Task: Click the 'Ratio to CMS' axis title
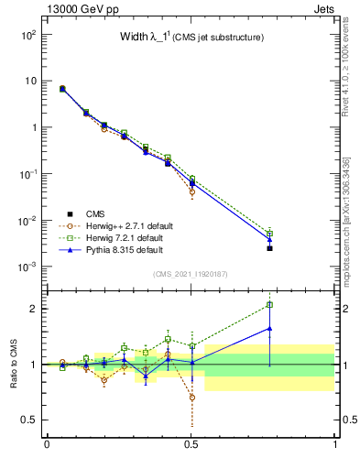(13, 364)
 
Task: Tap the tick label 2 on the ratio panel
(32, 309)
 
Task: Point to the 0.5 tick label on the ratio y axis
(27, 420)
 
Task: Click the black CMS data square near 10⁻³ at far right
(269, 248)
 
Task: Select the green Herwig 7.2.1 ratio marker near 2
(269, 305)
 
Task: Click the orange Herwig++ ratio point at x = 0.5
(191, 398)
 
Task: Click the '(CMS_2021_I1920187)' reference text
(191, 274)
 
